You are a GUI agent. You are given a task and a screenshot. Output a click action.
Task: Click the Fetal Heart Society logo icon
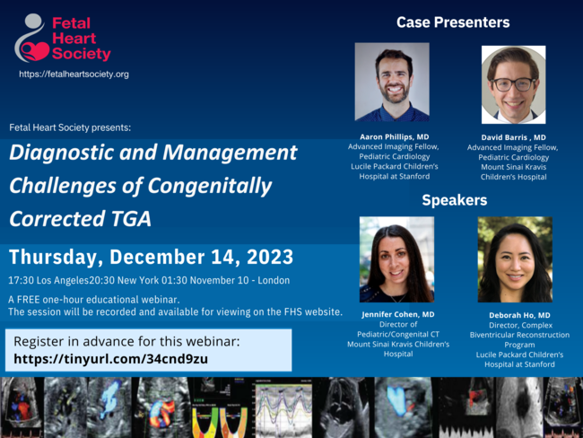pyautogui.click(x=31, y=39)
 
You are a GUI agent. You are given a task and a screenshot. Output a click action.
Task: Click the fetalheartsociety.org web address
pyautogui.click(x=74, y=74)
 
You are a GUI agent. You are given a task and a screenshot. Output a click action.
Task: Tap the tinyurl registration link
pyautogui.click(x=111, y=359)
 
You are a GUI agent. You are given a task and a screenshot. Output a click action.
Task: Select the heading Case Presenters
pyautogui.click(x=453, y=22)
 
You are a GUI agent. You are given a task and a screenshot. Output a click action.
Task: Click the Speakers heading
pyautogui.click(x=455, y=200)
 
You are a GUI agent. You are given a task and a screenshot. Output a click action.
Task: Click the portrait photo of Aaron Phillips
pyautogui.click(x=392, y=82)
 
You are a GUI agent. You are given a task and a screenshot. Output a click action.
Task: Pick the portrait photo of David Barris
pyautogui.click(x=513, y=85)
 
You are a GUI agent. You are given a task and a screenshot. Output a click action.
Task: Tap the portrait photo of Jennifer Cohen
pyautogui.click(x=396, y=259)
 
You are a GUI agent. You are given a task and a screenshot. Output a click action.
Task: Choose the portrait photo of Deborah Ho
pyautogui.click(x=515, y=259)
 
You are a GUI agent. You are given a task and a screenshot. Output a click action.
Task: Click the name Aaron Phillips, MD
pyautogui.click(x=394, y=137)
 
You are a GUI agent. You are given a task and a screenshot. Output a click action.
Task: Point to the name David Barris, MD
pyautogui.click(x=513, y=137)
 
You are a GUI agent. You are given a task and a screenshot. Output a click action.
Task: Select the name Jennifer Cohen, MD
pyautogui.click(x=398, y=314)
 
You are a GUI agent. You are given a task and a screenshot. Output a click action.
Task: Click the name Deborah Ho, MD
pyautogui.click(x=519, y=315)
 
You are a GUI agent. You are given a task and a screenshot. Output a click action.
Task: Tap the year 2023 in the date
pyautogui.click(x=270, y=257)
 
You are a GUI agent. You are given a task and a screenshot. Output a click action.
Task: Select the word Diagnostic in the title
pyautogui.click(x=61, y=153)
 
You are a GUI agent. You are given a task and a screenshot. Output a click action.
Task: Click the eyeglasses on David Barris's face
pyautogui.click(x=513, y=84)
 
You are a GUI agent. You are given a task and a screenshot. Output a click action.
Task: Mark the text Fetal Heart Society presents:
pyautogui.click(x=70, y=127)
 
